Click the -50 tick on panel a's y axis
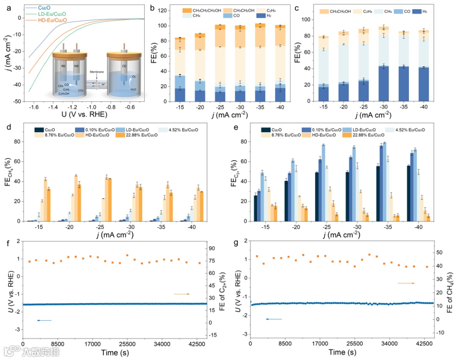(17, 102)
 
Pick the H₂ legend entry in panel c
(424, 12)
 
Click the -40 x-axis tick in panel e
(418, 227)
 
